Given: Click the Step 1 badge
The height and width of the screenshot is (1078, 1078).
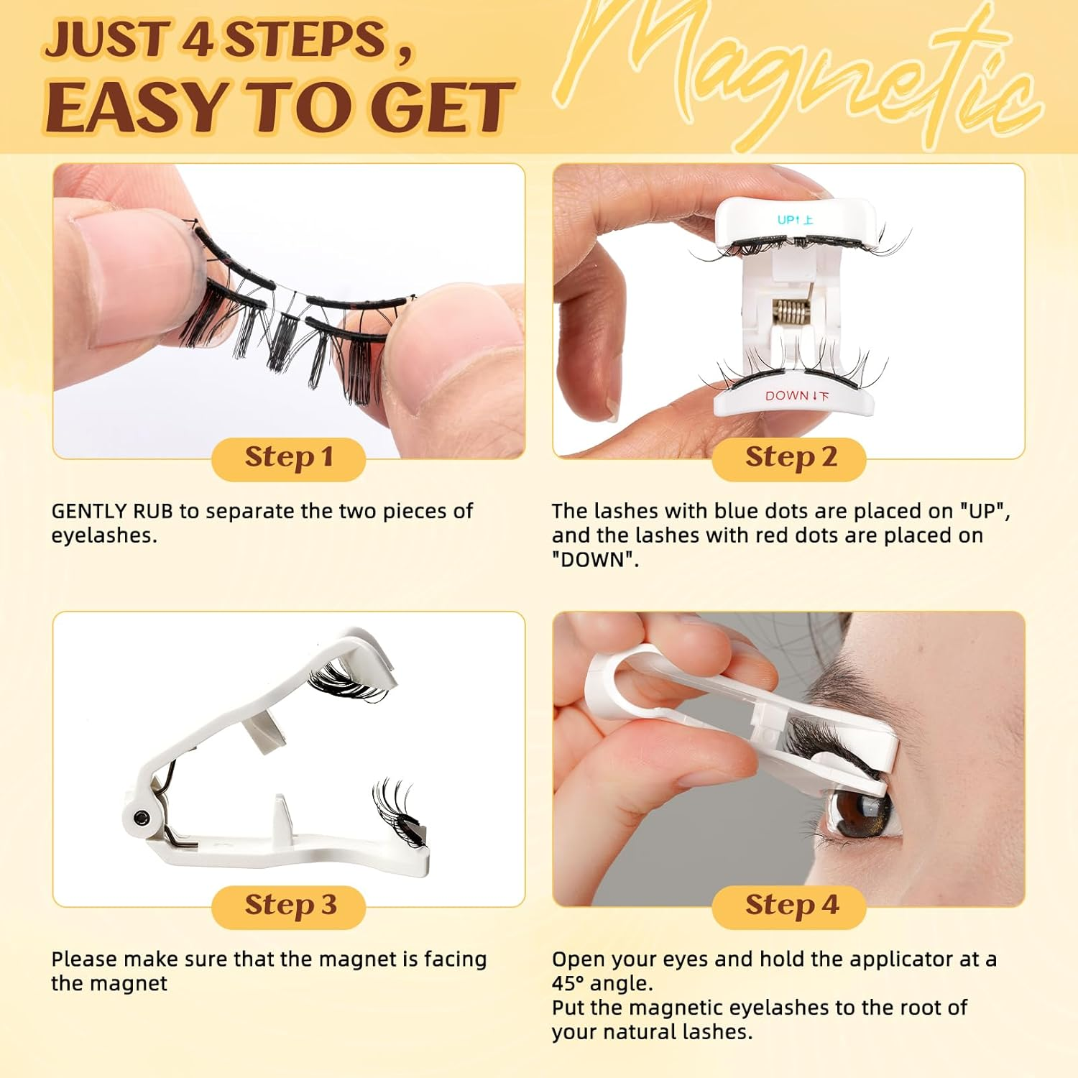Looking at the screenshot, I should point(288,458).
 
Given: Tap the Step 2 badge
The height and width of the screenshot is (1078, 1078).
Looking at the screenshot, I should point(789,458).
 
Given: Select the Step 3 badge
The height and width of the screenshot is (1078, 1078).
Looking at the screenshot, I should point(288,906).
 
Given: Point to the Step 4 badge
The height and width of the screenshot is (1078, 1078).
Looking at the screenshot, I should point(789,906).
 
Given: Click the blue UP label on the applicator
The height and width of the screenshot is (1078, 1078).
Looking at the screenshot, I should point(795,220).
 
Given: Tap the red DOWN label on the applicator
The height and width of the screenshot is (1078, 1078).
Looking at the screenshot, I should point(796,396).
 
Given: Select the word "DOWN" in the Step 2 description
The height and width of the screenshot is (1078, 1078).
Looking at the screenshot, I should point(594,560).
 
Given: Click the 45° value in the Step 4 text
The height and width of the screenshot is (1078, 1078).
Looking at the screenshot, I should point(567,983).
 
